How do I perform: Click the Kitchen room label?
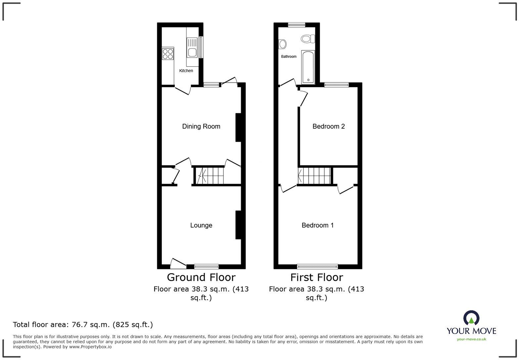[186, 70]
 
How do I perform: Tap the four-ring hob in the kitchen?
[168, 54]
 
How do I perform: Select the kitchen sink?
[192, 48]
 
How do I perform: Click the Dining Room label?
[201, 126]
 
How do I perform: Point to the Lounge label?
[201, 225]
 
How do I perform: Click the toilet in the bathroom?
[307, 39]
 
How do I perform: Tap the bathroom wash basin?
[282, 44]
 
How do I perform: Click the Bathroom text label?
[289, 57]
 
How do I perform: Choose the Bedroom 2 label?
[328, 126]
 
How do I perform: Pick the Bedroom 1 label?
[317, 225]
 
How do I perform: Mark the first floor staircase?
[314, 175]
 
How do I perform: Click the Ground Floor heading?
[201, 277]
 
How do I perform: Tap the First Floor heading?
[316, 277]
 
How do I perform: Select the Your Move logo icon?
[471, 318]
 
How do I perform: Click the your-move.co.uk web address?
[471, 339]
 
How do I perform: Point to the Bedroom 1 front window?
[317, 266]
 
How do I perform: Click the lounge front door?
[178, 263]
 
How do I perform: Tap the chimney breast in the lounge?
[238, 225]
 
